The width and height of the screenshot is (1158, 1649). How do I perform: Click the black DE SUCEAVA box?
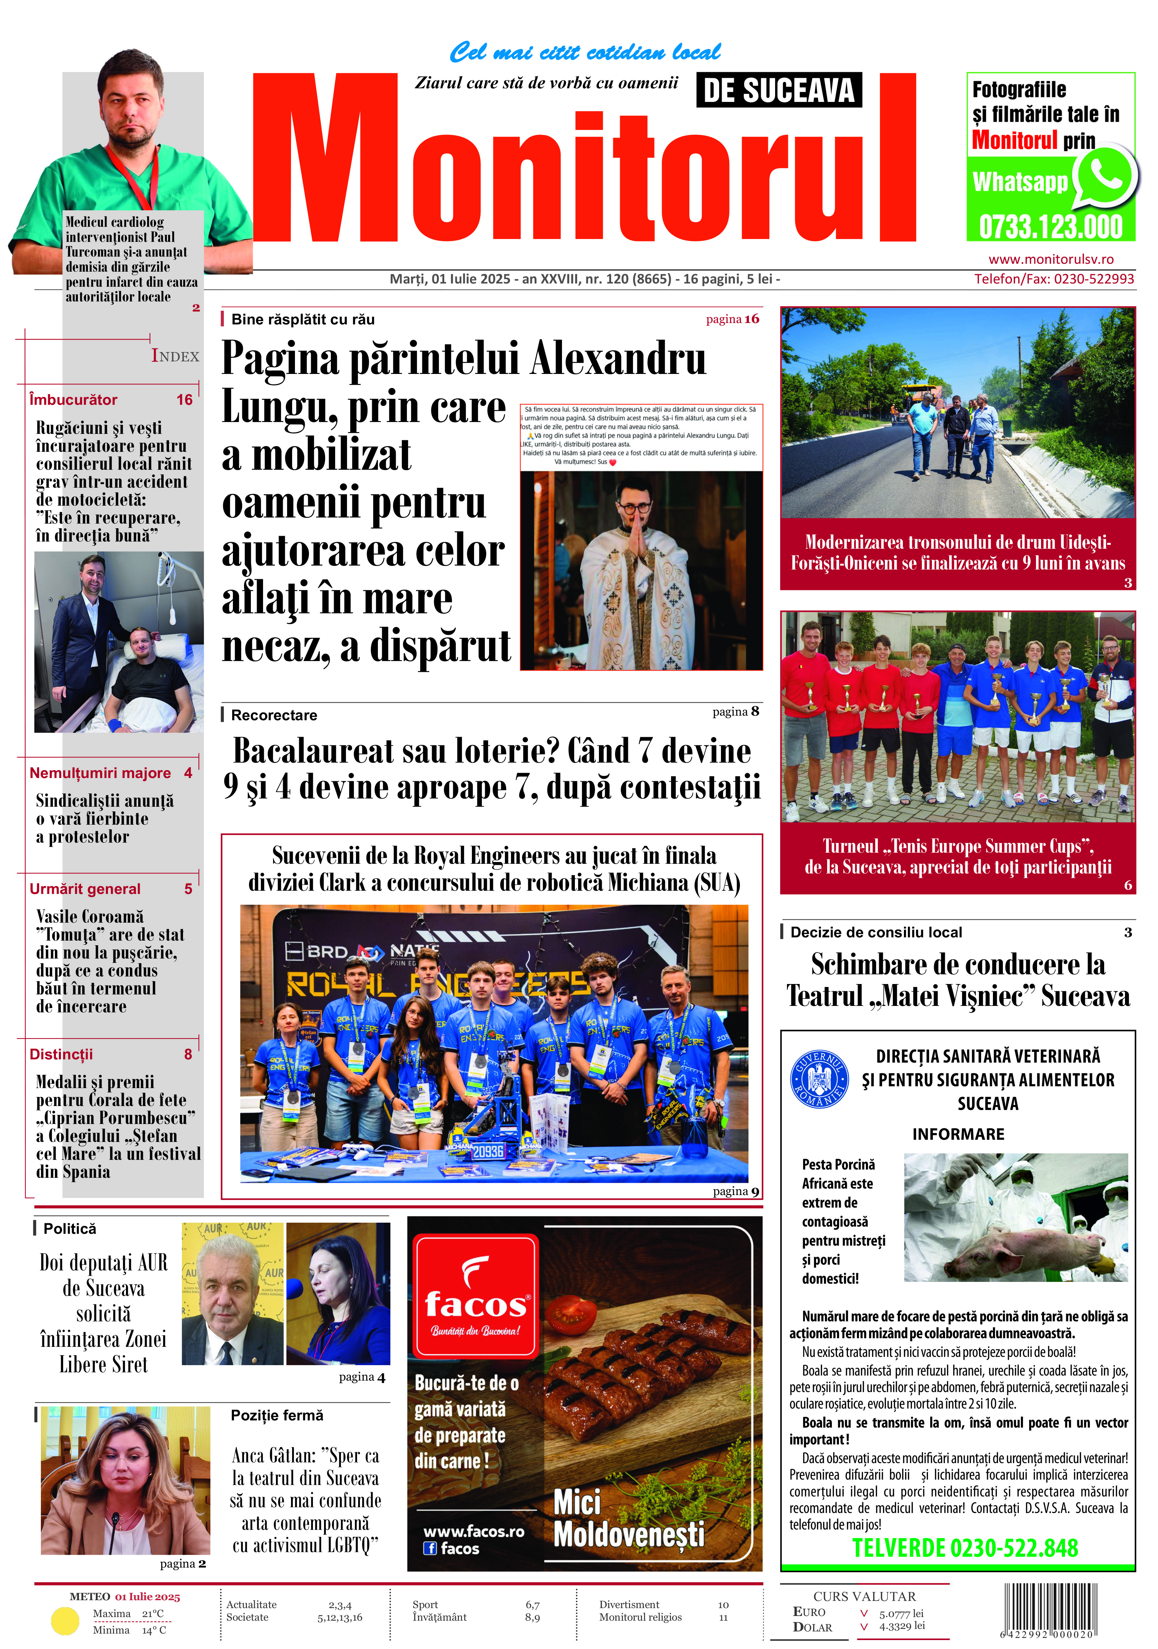pyautogui.click(x=779, y=90)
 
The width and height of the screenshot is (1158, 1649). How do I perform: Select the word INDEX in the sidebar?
pyautogui.click(x=175, y=356)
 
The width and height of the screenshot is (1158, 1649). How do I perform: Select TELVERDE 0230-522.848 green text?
pyautogui.click(x=965, y=1548)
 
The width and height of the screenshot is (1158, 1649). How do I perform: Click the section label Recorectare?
pyautogui.click(x=274, y=715)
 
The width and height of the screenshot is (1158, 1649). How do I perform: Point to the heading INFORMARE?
pyautogui.click(x=958, y=1134)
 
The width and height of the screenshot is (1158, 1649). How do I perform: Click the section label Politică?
pyautogui.click(x=70, y=1229)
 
